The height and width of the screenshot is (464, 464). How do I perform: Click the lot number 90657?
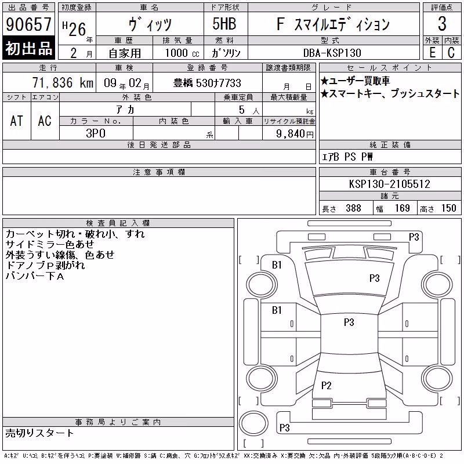point(28,24)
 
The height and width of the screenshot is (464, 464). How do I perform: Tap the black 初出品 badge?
point(28,48)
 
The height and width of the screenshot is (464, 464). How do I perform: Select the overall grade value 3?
point(442,24)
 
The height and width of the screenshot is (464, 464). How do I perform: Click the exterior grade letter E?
point(432,53)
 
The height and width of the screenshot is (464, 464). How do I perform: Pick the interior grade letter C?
point(451,53)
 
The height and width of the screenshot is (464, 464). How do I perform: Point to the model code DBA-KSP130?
point(332,53)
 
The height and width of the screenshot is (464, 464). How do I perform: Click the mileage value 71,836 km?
point(63,82)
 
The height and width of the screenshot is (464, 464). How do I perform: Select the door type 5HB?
point(224,24)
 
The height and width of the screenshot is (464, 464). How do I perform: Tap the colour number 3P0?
point(96,133)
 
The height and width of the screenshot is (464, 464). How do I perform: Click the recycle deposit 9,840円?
point(295,134)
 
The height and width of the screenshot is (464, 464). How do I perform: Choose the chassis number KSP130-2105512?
point(389,184)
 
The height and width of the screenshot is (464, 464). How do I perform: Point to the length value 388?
point(353,208)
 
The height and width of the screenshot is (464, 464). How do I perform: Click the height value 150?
point(448,208)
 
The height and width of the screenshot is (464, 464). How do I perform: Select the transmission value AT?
point(16,121)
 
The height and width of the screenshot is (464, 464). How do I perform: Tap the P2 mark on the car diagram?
point(326,385)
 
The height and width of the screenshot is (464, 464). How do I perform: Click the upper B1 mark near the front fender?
point(277,265)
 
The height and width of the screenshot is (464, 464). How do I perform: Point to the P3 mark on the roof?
point(349,322)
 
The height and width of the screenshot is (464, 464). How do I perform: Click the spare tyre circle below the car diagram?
point(253,423)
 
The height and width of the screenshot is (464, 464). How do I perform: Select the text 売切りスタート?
point(39,433)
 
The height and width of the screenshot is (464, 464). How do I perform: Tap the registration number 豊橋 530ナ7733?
point(207,83)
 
